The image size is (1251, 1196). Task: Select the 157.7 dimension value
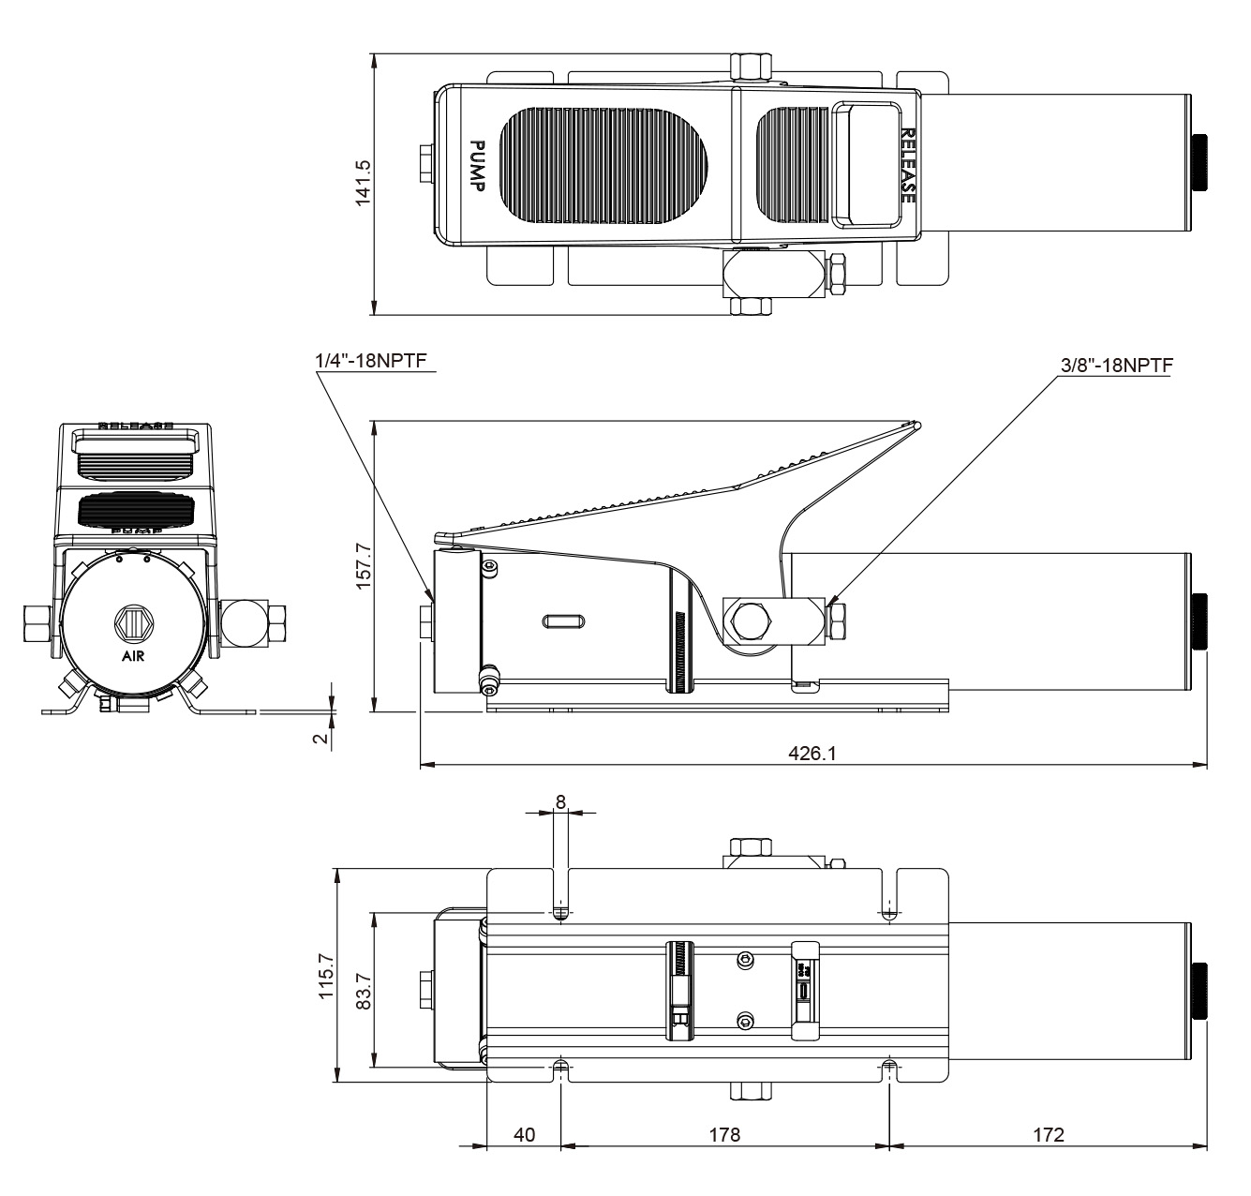click(x=363, y=565)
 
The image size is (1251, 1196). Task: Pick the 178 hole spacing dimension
click(x=724, y=1134)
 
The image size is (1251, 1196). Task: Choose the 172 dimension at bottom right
click(x=1049, y=1134)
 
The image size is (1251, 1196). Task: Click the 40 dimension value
click(x=525, y=1134)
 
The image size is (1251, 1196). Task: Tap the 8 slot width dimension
click(x=560, y=801)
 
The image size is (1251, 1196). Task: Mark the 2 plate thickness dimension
click(x=320, y=738)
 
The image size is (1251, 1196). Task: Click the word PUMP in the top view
click(x=476, y=166)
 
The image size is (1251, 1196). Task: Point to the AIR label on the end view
click(x=133, y=656)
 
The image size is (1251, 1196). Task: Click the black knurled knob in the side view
click(x=1199, y=621)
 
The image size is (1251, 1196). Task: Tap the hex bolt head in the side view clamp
click(x=752, y=620)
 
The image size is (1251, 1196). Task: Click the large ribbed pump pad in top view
click(x=608, y=165)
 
